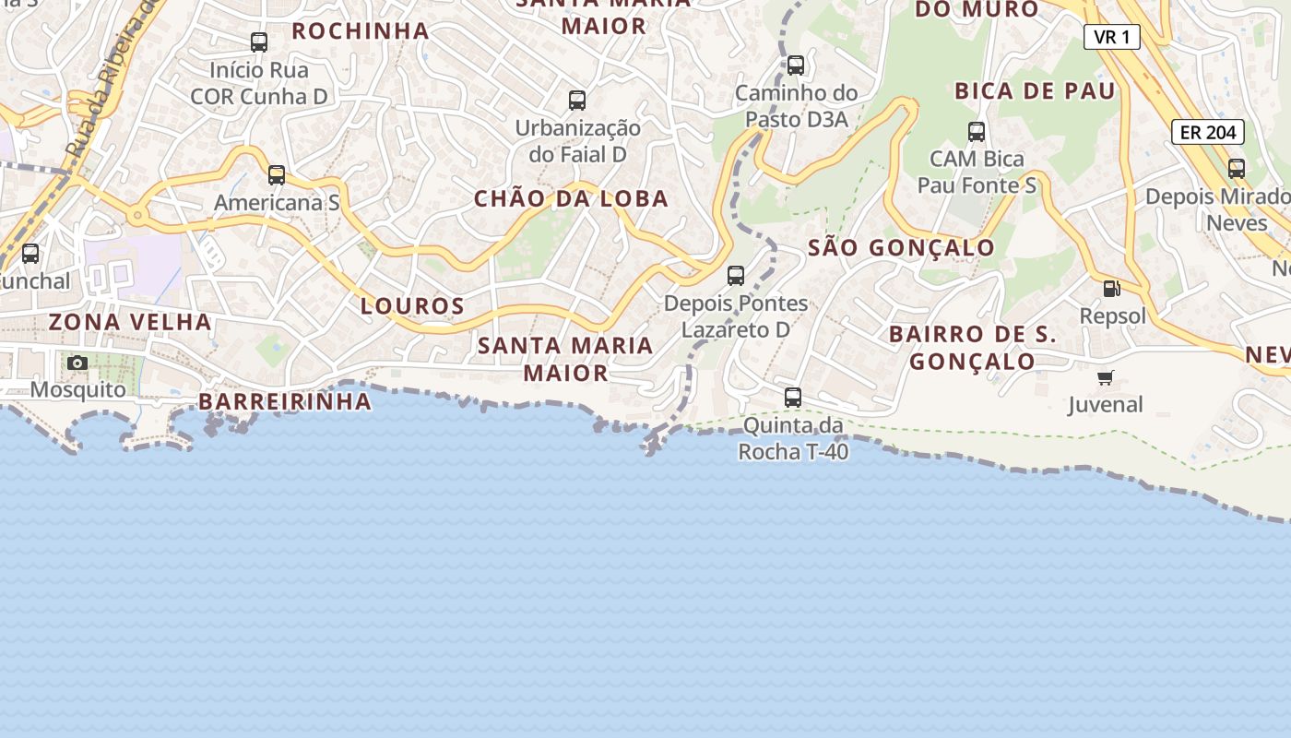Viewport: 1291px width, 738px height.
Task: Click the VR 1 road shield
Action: pyautogui.click(x=1112, y=37)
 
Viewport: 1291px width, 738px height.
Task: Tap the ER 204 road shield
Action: pyautogui.click(x=1208, y=132)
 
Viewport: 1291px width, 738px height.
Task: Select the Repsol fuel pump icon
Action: pyautogui.click(x=1112, y=288)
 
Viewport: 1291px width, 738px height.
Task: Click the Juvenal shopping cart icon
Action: pyautogui.click(x=1106, y=377)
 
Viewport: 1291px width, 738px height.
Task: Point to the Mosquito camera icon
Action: pyautogui.click(x=77, y=363)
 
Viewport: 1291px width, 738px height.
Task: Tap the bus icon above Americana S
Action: pyautogui.click(x=277, y=175)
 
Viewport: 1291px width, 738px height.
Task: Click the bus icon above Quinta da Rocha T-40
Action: pyautogui.click(x=793, y=398)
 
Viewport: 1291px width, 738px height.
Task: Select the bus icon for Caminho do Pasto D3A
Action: pyautogui.click(x=796, y=65)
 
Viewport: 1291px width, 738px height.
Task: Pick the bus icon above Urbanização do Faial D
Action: pyautogui.click(x=577, y=100)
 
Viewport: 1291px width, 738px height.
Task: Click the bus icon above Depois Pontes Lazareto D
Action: pyautogui.click(x=736, y=275)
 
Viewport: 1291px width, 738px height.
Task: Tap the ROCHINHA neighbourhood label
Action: pyautogui.click(x=361, y=31)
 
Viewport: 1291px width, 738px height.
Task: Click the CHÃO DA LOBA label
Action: pyautogui.click(x=571, y=198)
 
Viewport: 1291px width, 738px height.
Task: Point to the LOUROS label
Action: pyautogui.click(x=412, y=306)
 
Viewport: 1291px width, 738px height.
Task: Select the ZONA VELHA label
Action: pyautogui.click(x=130, y=322)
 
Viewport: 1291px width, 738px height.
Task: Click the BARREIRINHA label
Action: pyautogui.click(x=285, y=401)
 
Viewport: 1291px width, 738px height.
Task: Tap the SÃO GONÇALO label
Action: pyautogui.click(x=901, y=247)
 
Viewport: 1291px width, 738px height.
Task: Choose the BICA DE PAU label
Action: pyautogui.click(x=1035, y=90)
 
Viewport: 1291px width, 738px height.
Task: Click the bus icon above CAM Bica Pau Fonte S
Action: pyautogui.click(x=977, y=132)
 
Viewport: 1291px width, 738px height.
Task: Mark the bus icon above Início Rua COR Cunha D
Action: pyautogui.click(x=259, y=42)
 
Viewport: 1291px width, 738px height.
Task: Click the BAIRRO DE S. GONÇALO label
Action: pyautogui.click(x=973, y=348)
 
